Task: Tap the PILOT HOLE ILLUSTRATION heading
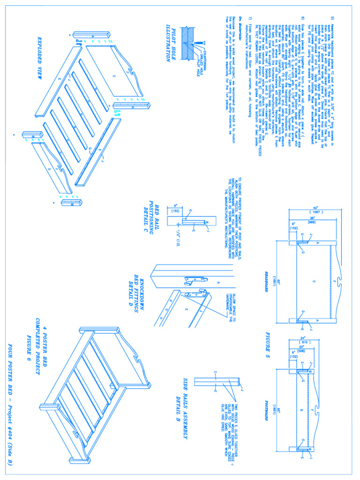(x=170, y=43)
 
